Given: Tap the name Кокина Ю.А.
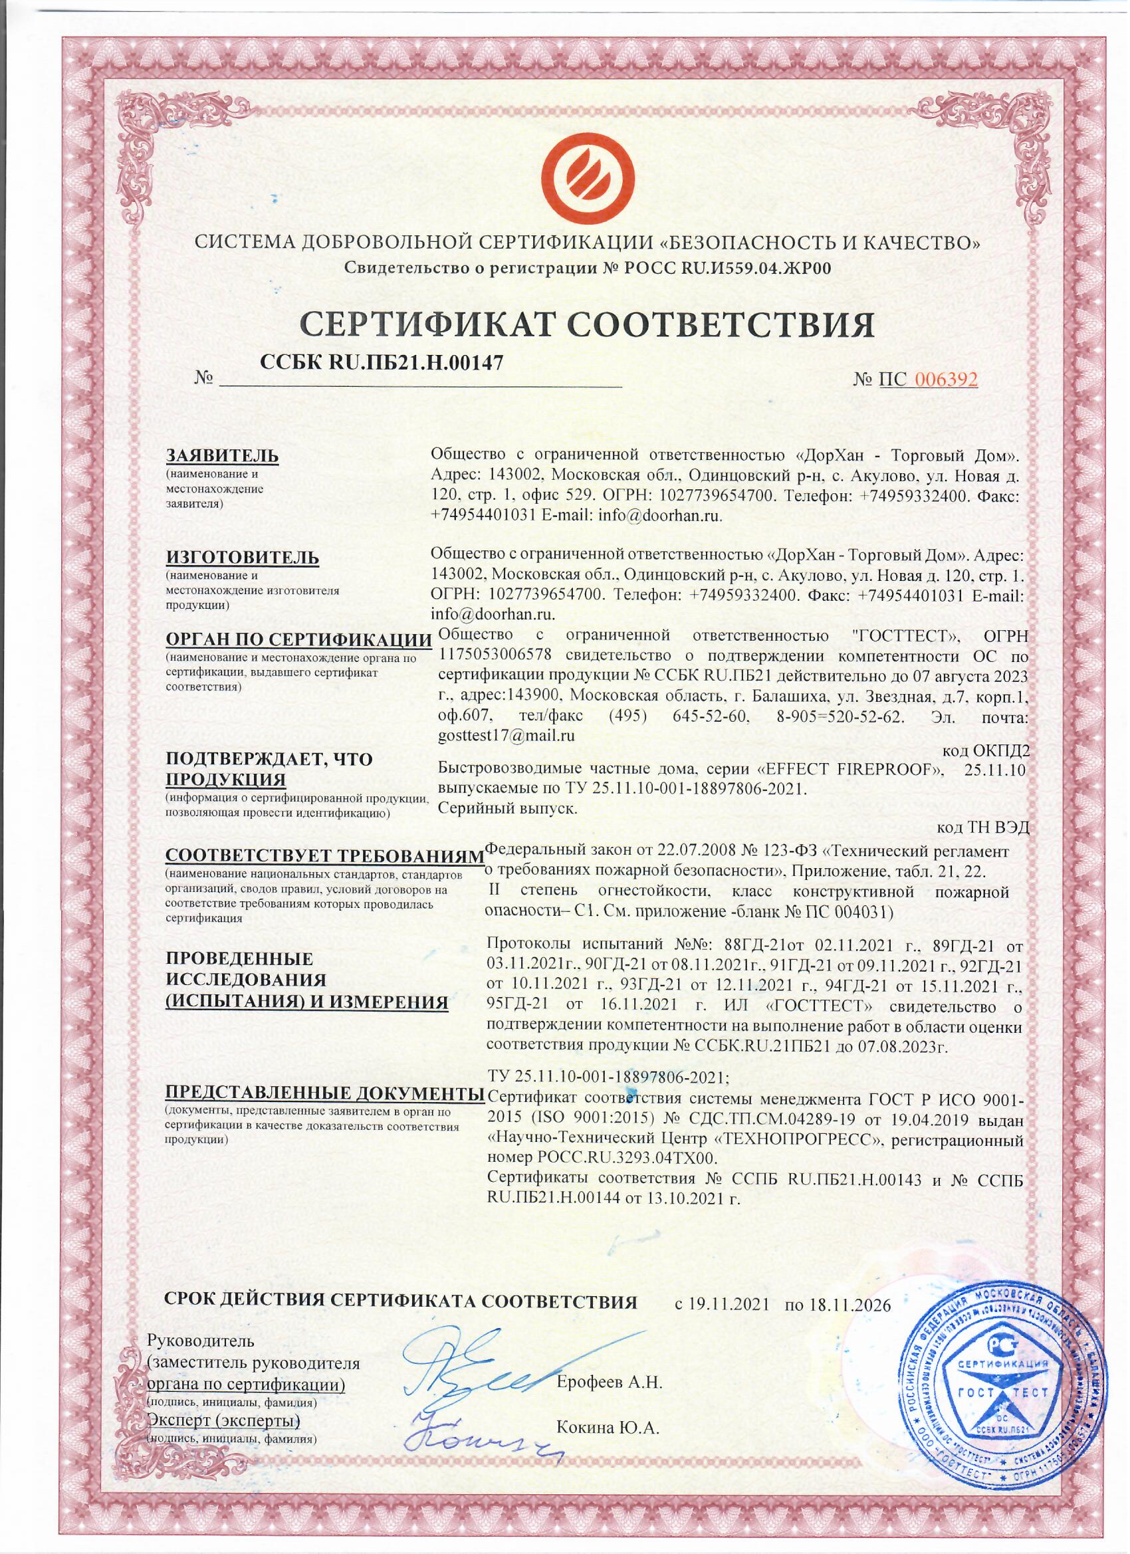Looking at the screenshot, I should (x=607, y=1428).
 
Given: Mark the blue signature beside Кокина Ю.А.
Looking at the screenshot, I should (x=480, y=1428).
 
